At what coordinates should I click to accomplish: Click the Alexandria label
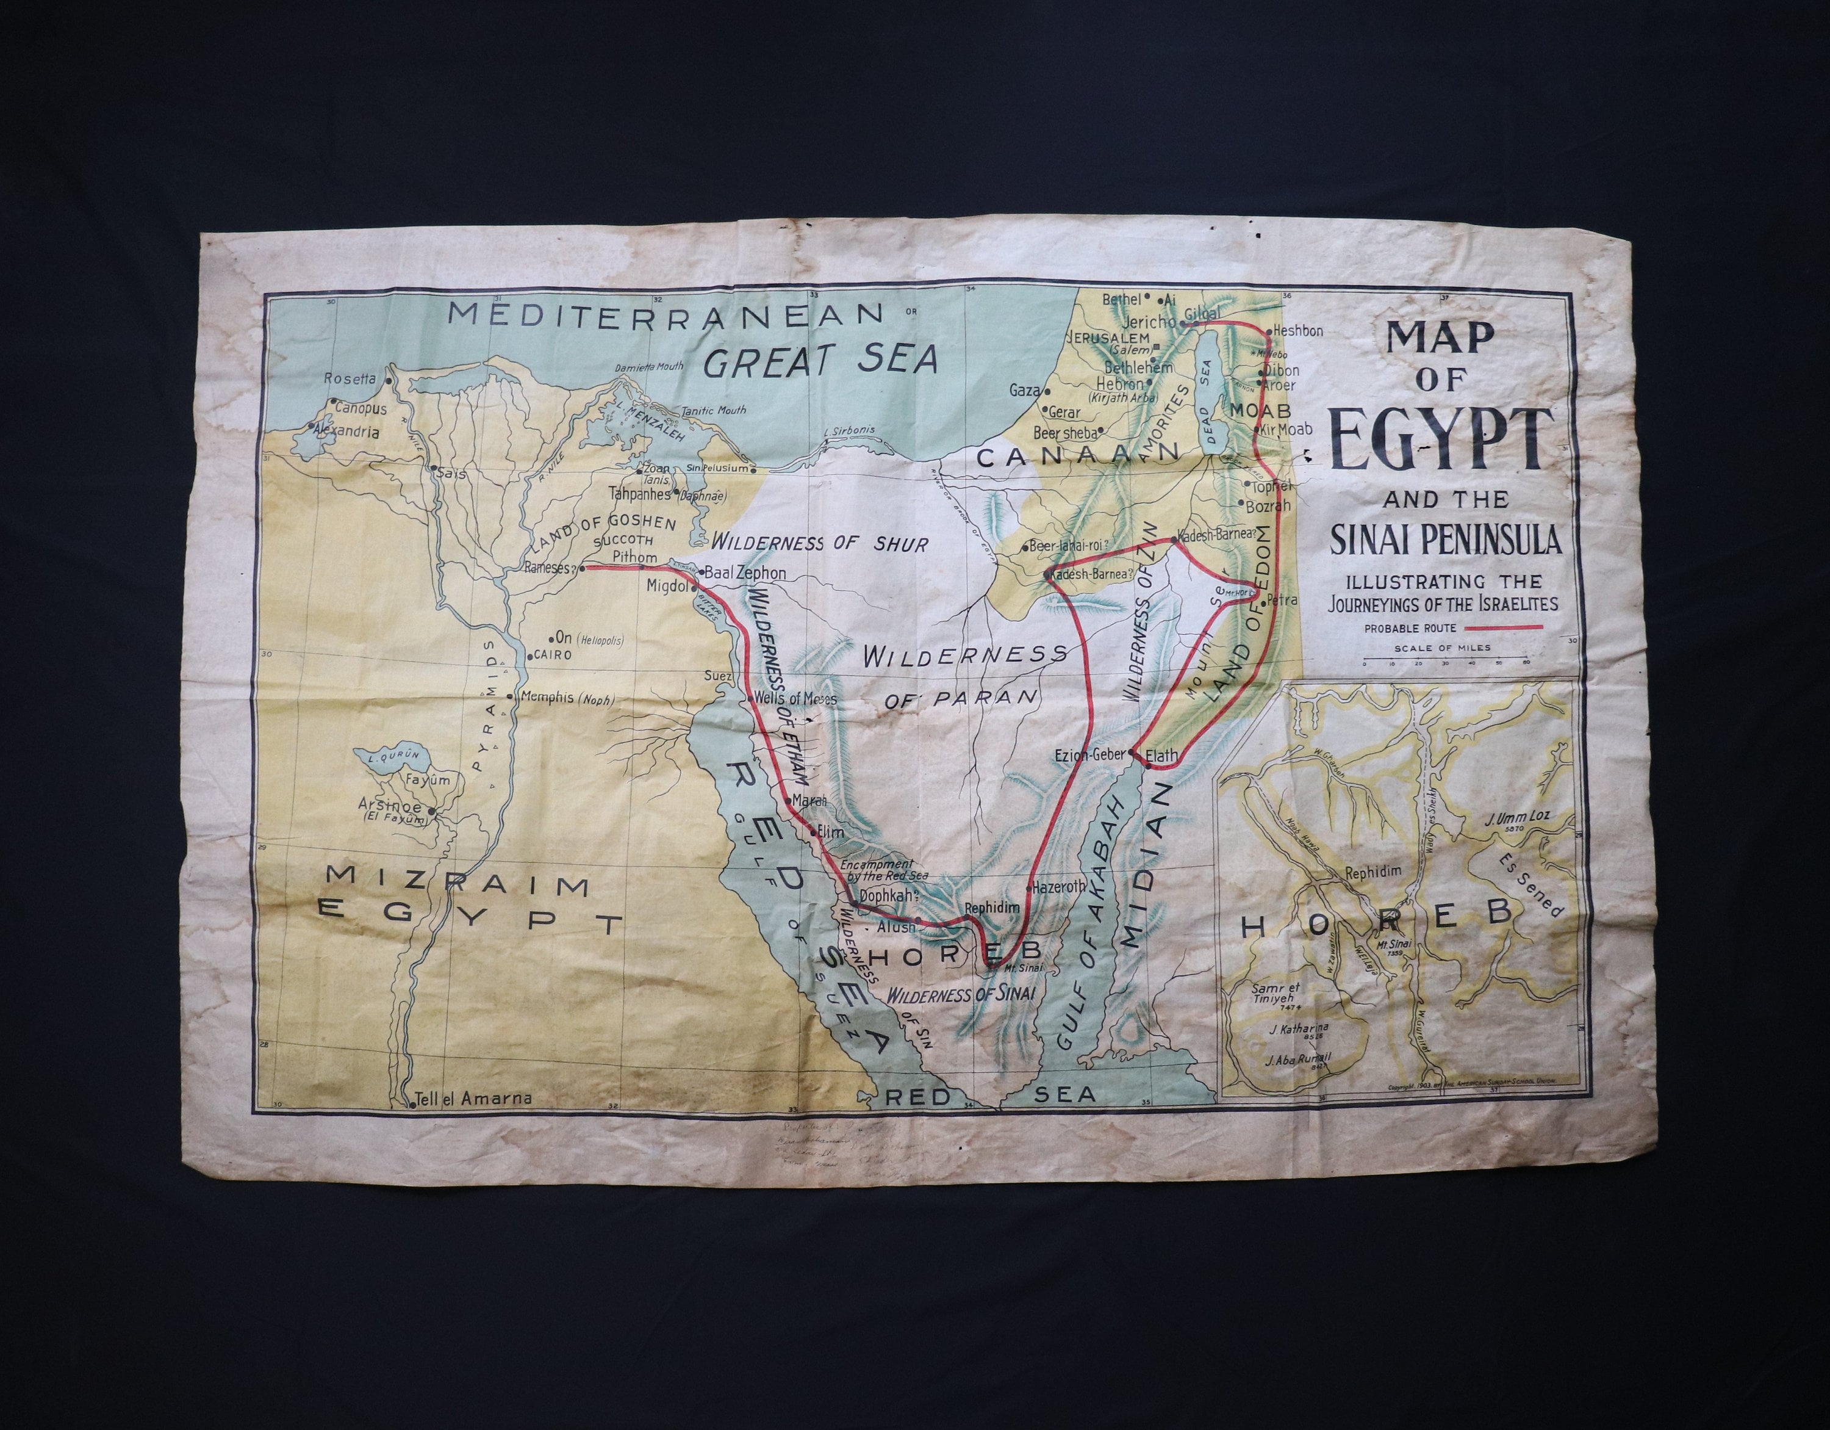tap(346, 433)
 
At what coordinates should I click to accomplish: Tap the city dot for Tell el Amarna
tap(413, 1105)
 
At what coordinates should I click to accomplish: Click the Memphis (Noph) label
tap(567, 698)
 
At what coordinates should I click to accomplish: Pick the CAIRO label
tap(552, 655)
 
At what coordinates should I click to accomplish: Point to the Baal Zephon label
tap(745, 573)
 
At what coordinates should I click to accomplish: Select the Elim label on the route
tap(830, 832)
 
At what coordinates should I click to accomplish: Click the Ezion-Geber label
tap(1089, 754)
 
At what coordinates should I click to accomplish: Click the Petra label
tap(1283, 600)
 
